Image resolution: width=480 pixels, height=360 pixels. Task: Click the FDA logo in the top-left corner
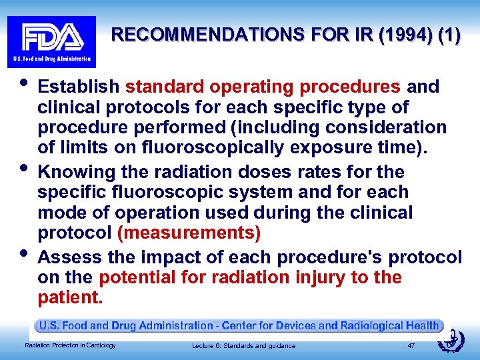[x=51, y=41]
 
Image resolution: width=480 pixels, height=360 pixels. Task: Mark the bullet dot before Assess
[x=23, y=251]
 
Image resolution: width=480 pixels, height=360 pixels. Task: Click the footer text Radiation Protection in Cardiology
[x=70, y=345]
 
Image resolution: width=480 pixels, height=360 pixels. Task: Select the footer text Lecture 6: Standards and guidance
[x=243, y=345]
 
